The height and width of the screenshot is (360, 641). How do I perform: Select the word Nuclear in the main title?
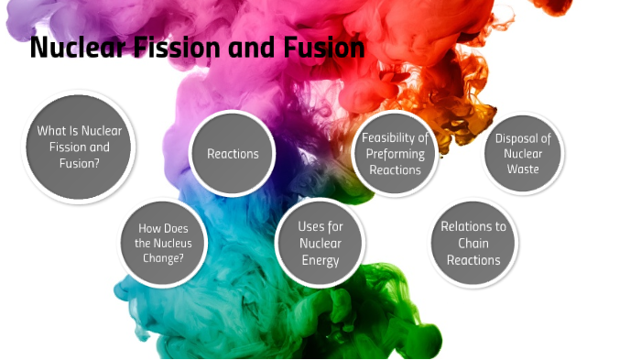[x=77, y=48]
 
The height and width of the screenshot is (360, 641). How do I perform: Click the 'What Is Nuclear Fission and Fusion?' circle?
[x=80, y=147]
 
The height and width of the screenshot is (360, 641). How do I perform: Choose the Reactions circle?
[x=233, y=154]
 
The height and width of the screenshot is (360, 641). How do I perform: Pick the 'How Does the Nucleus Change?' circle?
[x=164, y=244]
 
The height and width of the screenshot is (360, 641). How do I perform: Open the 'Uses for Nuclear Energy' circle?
[x=320, y=243]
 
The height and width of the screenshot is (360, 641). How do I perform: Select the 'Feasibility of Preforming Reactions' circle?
[x=396, y=154]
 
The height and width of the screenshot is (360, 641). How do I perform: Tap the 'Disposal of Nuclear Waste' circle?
[x=523, y=154]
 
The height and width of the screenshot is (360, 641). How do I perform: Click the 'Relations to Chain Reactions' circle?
[x=473, y=243]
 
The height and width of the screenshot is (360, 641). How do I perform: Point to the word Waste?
[x=523, y=169]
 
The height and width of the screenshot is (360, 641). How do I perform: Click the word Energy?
[x=320, y=260]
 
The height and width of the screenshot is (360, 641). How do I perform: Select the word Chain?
[x=473, y=243]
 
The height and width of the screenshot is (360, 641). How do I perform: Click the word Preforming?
[x=396, y=154]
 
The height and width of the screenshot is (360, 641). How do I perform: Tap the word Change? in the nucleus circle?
[x=164, y=258]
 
